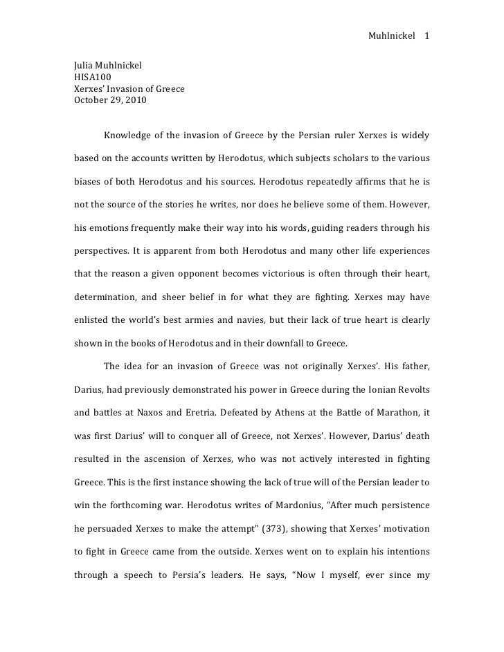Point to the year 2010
(x=135, y=99)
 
